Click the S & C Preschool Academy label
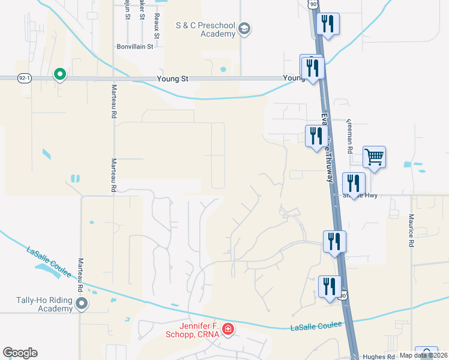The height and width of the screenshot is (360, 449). point(206,29)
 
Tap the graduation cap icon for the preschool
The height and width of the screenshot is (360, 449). point(244,29)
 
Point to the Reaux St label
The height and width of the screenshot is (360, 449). point(157,26)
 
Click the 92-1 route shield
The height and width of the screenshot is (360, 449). point(24,78)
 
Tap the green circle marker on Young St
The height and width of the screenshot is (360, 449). point(59,74)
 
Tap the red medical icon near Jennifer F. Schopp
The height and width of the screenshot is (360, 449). point(228,329)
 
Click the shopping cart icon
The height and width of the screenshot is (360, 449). point(374,157)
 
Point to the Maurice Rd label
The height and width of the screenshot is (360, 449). point(412,231)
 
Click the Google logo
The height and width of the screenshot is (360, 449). point(20,353)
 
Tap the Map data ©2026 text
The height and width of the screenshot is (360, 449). point(424,355)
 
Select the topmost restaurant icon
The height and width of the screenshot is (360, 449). point(328,24)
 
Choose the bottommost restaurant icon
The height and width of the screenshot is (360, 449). point(330,286)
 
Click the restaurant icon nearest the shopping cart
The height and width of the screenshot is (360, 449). point(353,183)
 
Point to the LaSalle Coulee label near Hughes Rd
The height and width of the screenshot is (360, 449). point(316,326)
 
